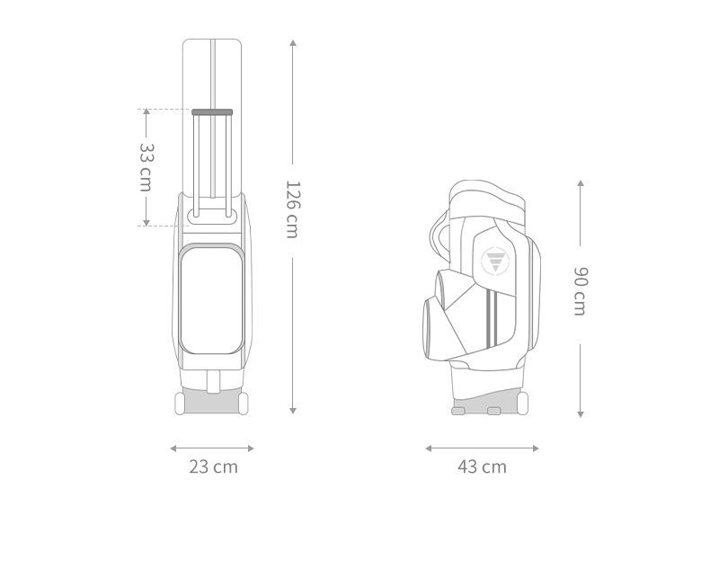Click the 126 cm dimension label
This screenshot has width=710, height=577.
point(292,209)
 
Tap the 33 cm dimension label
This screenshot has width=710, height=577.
point(146,167)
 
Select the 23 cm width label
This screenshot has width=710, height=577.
point(213,466)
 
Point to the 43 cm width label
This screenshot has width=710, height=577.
point(483,466)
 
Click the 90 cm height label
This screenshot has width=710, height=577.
point(580,291)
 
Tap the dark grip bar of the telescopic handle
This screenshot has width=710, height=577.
point(212,111)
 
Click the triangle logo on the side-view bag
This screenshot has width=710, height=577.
point(495,262)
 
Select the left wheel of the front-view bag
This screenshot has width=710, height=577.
point(180,404)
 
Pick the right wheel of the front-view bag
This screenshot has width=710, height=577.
point(244,404)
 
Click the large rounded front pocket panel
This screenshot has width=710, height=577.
point(211,300)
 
